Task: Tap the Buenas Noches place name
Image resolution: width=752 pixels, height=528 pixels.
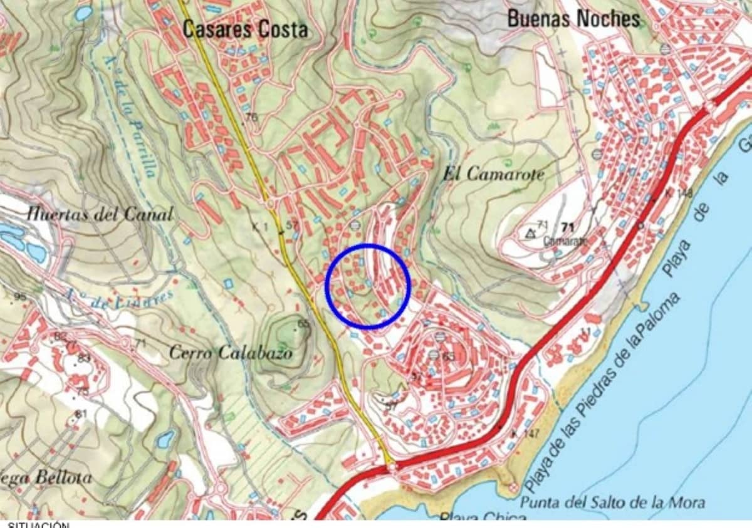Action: pyautogui.click(x=573, y=19)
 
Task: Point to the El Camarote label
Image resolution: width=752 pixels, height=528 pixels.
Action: pyautogui.click(x=493, y=174)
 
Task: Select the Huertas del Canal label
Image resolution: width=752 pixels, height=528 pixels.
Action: pyautogui.click(x=100, y=215)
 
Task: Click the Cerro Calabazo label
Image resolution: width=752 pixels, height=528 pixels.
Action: pyautogui.click(x=231, y=353)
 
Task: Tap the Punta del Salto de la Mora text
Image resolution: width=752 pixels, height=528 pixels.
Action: pyautogui.click(x=612, y=502)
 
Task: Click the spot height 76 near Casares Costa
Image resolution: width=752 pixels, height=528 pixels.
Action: pyautogui.click(x=252, y=117)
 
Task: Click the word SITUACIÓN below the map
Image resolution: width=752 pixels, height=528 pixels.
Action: pyautogui.click(x=38, y=524)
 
